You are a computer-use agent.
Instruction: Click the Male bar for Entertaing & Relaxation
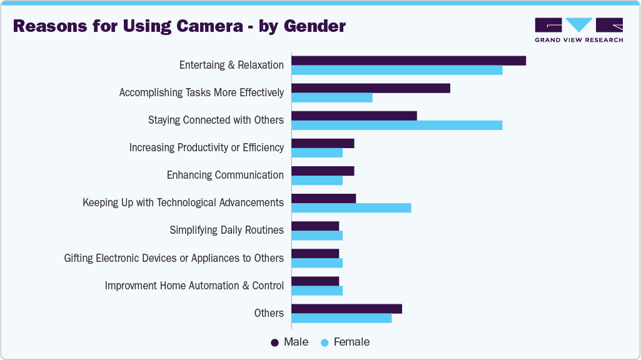pyautogui.click(x=408, y=61)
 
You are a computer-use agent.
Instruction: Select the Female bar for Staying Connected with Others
pyautogui.click(x=396, y=125)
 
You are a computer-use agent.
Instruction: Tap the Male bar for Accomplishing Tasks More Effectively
pyautogui.click(x=371, y=88)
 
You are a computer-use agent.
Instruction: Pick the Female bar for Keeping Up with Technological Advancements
pyautogui.click(x=351, y=207)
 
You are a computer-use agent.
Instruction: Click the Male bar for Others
pyautogui.click(x=346, y=309)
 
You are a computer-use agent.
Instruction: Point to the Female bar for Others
pyautogui.click(x=341, y=318)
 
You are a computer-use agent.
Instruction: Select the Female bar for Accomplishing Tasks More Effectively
pyautogui.click(x=332, y=97)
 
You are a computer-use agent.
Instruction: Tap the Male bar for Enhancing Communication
pyautogui.click(x=323, y=171)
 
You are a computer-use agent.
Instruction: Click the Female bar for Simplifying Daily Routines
pyautogui.click(x=317, y=236)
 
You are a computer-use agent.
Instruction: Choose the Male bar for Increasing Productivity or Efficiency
pyautogui.click(x=323, y=143)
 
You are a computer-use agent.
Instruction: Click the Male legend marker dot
pyautogui.click(x=275, y=342)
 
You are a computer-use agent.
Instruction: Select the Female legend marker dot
pyautogui.click(x=325, y=342)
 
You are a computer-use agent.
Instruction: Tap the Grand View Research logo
pyautogui.click(x=578, y=29)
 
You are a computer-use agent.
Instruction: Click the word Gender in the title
pyautogui.click(x=315, y=26)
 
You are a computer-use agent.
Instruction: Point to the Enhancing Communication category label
pyautogui.click(x=225, y=175)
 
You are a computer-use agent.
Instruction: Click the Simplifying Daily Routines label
pyautogui.click(x=226, y=230)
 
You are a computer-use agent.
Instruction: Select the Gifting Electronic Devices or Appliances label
pyautogui.click(x=174, y=258)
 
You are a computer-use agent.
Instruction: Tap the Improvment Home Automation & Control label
pyautogui.click(x=194, y=286)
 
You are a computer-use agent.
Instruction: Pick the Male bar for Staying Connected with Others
pyautogui.click(x=354, y=116)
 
